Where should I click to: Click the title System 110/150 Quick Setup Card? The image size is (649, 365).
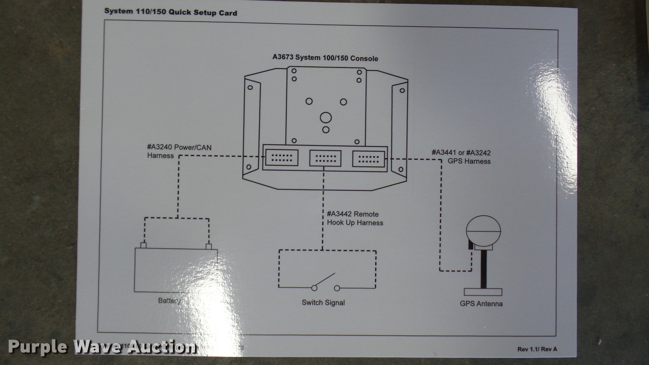pos(170,12)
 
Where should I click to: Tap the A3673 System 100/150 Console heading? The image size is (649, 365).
pos(325,58)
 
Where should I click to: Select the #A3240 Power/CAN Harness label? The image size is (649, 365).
pos(179,151)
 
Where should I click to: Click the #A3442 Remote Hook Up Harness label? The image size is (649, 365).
pos(355,219)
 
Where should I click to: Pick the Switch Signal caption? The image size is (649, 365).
pos(323,303)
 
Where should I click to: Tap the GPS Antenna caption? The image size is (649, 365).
pos(481,304)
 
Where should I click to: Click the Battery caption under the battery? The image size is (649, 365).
pos(169,300)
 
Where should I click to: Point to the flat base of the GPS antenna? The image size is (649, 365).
pos(483,292)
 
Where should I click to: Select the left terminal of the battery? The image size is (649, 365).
pos(143,246)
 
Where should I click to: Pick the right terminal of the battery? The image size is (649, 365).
pos(209,246)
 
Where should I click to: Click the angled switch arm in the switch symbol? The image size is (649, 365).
pos(324,280)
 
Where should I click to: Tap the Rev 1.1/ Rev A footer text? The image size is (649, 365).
pos(537,349)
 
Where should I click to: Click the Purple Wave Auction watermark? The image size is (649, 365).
pos(101,347)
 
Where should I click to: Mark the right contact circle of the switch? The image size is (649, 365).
pos(337,288)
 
